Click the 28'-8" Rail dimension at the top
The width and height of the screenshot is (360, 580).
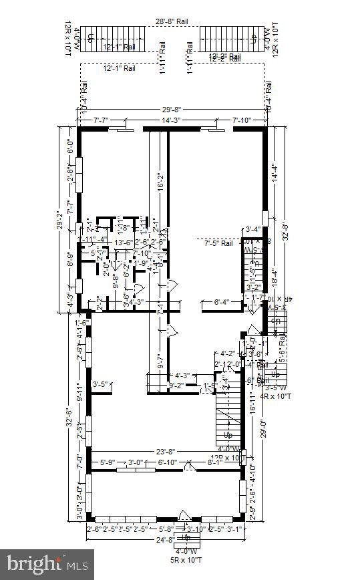tap(172, 22)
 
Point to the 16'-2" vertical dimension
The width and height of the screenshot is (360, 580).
tap(161, 184)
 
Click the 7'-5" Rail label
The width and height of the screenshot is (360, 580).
tap(218, 243)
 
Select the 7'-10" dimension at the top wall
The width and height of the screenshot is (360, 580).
tap(240, 120)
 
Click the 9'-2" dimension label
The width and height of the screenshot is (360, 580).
tap(176, 385)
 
